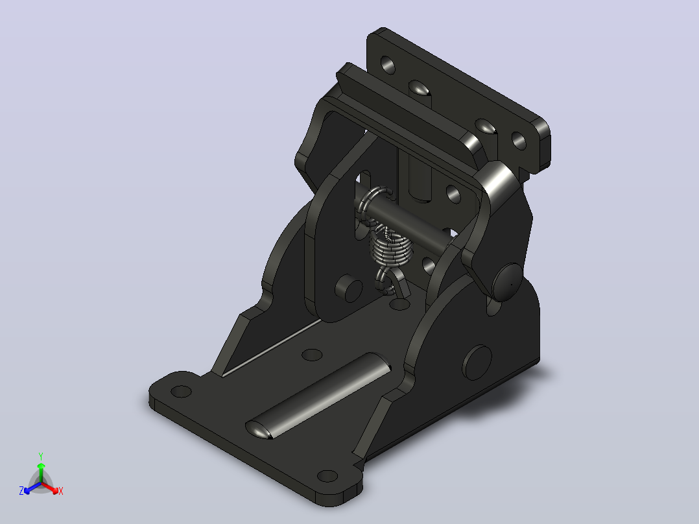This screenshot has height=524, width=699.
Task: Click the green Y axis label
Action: (41, 456)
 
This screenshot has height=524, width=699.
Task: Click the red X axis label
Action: (61, 491)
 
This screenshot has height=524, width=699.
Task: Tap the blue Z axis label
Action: (21, 491)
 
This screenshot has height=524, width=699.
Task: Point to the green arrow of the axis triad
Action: (41, 472)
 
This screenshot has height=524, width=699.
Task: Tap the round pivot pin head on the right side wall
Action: (507, 282)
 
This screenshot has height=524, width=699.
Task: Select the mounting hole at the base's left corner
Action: (181, 392)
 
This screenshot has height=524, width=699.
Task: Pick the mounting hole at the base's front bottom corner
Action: (327, 476)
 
